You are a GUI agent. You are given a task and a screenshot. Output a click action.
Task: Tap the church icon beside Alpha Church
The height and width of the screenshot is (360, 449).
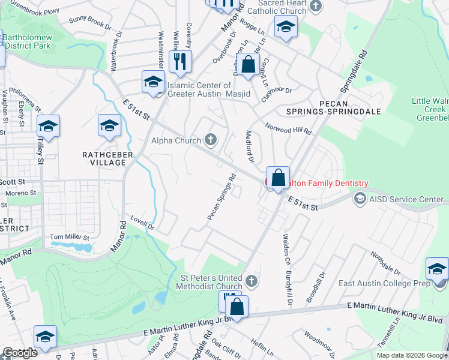coord(211,140)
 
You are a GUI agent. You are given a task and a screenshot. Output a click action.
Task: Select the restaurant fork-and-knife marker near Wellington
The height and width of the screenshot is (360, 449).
coord(180,61)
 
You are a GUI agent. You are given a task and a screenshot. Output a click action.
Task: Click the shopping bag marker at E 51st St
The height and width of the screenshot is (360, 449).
coord(278,178)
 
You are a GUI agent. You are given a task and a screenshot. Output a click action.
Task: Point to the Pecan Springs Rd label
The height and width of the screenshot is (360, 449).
coord(221,197)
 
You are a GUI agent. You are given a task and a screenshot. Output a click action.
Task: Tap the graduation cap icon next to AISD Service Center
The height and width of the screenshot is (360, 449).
coord(360,198)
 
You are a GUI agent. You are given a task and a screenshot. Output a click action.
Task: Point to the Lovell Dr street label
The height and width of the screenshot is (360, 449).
coord(143,224)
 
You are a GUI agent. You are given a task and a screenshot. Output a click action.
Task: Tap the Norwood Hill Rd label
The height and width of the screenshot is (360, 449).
coord(289,128)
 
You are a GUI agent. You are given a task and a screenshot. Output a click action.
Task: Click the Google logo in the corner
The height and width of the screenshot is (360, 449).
coord(20,353)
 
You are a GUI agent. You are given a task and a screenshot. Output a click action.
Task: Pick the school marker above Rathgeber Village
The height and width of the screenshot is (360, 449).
coord(109,125)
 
